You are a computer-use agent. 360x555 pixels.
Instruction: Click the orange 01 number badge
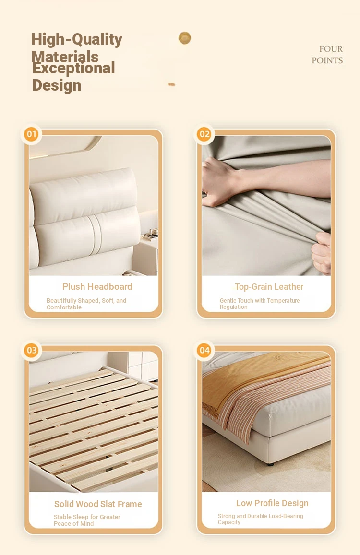pyautogui.click(x=32, y=134)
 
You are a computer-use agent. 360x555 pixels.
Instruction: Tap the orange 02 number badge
pyautogui.click(x=204, y=134)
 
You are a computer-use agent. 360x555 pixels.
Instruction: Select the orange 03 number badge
pyautogui.click(x=32, y=351)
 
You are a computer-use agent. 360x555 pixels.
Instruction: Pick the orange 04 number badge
pyautogui.click(x=204, y=351)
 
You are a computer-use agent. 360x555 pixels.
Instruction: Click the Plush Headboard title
pyautogui.click(x=97, y=287)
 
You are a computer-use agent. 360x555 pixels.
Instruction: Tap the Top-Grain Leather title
pyautogui.click(x=269, y=287)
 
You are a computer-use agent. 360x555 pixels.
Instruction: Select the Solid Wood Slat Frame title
pyautogui.click(x=98, y=504)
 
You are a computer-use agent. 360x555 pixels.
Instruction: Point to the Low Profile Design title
pyautogui.click(x=272, y=503)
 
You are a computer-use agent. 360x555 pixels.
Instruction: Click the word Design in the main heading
pyautogui.click(x=57, y=85)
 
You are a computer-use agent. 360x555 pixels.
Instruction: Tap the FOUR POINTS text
pyautogui.click(x=327, y=55)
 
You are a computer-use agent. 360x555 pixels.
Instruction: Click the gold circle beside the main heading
pyautogui.click(x=185, y=38)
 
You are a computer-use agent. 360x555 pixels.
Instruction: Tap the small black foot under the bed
pyautogui.click(x=271, y=464)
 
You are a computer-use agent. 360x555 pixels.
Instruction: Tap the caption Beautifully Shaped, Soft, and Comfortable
pyautogui.click(x=86, y=304)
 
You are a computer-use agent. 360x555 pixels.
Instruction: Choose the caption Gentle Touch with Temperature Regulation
pyautogui.click(x=259, y=304)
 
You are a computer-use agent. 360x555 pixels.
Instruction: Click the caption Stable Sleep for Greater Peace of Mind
pyautogui.click(x=87, y=520)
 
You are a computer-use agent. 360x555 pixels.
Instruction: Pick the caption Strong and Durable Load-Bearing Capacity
pyautogui.click(x=261, y=519)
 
